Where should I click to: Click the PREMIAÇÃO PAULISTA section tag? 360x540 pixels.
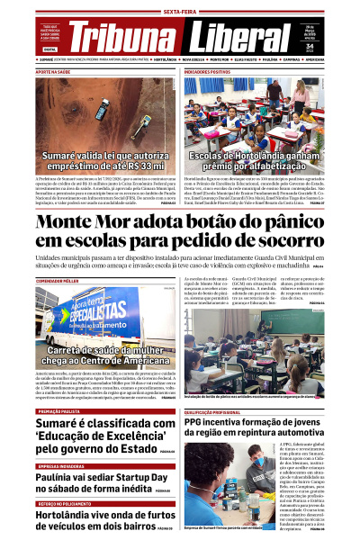pyautogui.click(x=59, y=411)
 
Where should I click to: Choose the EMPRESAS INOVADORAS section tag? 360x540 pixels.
pyautogui.click(x=62, y=465)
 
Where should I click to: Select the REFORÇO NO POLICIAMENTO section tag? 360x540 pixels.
pyautogui.click(x=64, y=504)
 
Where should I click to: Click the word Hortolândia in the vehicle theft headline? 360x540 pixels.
pyautogui.click(x=70, y=516)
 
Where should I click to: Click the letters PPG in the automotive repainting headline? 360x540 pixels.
pyautogui.click(x=194, y=422)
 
